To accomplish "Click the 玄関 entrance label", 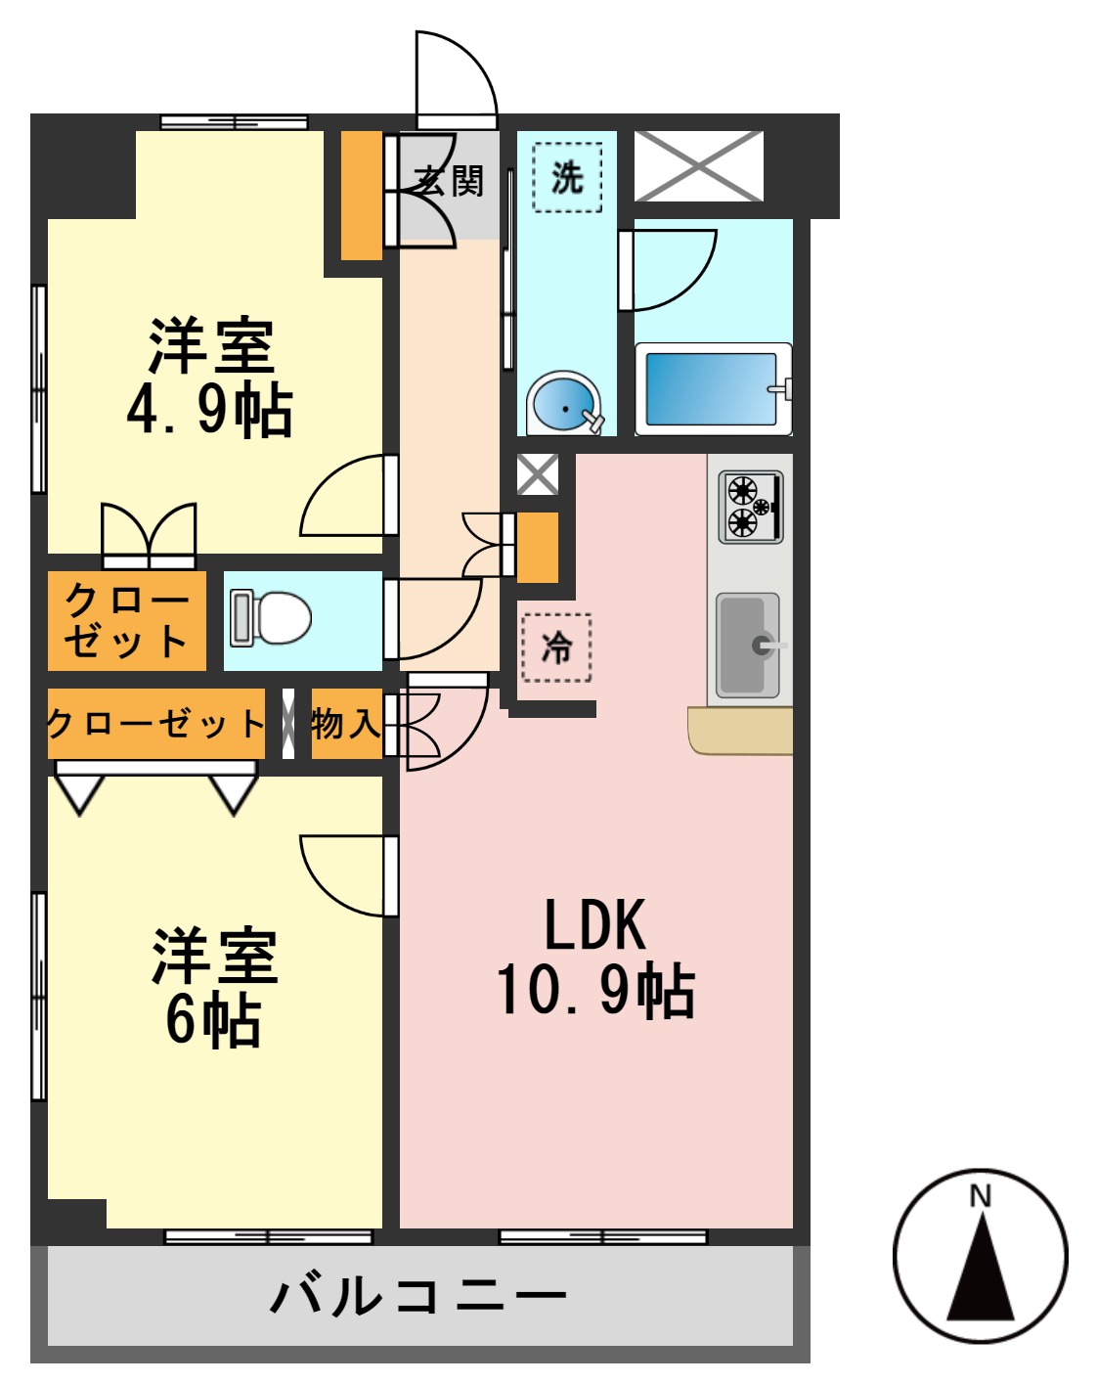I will (449, 181).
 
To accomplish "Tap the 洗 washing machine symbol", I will (567, 177).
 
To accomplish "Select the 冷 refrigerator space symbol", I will (556, 647).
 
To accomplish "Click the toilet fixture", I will (271, 618).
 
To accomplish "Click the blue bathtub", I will (712, 389).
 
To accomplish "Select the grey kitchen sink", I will (748, 645).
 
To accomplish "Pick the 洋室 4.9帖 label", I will (210, 376).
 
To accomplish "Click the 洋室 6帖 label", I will (214, 988).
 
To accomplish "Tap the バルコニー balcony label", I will (418, 1296).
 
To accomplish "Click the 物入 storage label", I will (345, 724).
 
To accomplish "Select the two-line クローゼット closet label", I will (126, 621).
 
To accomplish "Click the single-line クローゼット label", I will (155, 724).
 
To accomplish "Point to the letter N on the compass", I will (980, 1195).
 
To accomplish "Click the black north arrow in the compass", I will (980, 1271).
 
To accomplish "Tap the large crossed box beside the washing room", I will (698, 166).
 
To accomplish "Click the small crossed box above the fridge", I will (537, 474).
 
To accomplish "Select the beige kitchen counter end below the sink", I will (740, 731).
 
